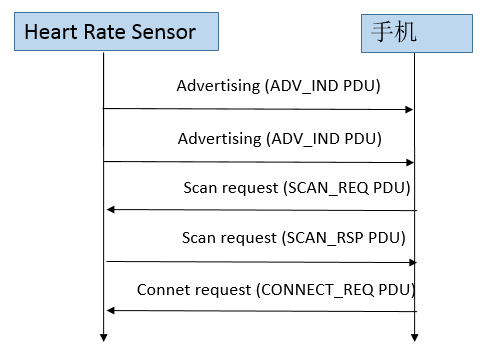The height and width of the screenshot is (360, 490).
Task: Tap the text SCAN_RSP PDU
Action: click(x=347, y=238)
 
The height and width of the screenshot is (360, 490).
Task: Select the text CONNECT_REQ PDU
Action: click(x=336, y=289)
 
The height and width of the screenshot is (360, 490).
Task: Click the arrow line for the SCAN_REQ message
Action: click(x=260, y=210)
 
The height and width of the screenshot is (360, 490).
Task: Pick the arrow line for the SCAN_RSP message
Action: click(x=260, y=261)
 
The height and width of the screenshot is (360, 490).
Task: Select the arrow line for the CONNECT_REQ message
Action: click(x=260, y=311)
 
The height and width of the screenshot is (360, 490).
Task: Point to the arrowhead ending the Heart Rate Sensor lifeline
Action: click(x=103, y=336)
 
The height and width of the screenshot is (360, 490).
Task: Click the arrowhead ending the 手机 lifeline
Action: click(x=415, y=336)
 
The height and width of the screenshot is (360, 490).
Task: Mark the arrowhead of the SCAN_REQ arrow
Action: click(x=110, y=210)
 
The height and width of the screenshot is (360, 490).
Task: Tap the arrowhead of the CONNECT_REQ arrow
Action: click(x=110, y=311)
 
